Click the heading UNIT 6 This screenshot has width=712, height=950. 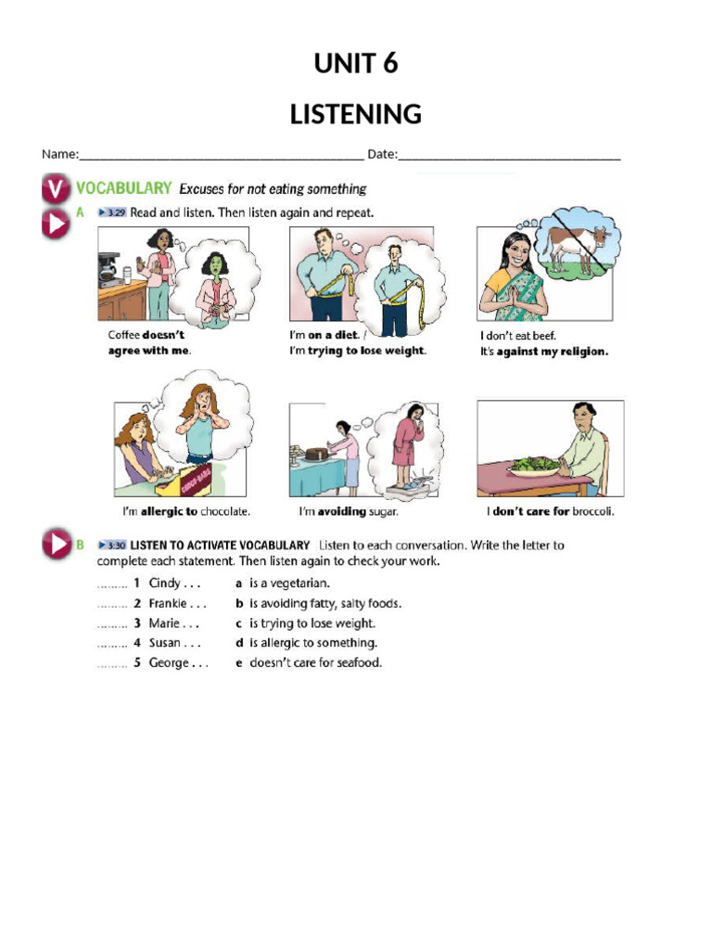pos(356,63)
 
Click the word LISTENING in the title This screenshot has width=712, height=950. pos(356,114)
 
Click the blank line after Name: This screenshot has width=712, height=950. pos(222,155)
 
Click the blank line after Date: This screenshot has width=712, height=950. pos(509,155)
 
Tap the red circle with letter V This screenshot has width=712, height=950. pos(56,189)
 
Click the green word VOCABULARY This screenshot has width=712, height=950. pos(124,188)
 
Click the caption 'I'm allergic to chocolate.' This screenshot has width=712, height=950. pos(185,511)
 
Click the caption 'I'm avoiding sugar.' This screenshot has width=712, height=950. pos(348,511)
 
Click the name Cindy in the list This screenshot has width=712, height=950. pos(164,584)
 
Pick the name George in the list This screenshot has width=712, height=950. pos(169,662)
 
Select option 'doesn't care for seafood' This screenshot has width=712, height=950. pos(315,662)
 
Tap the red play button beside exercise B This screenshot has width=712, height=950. pos(56,545)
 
